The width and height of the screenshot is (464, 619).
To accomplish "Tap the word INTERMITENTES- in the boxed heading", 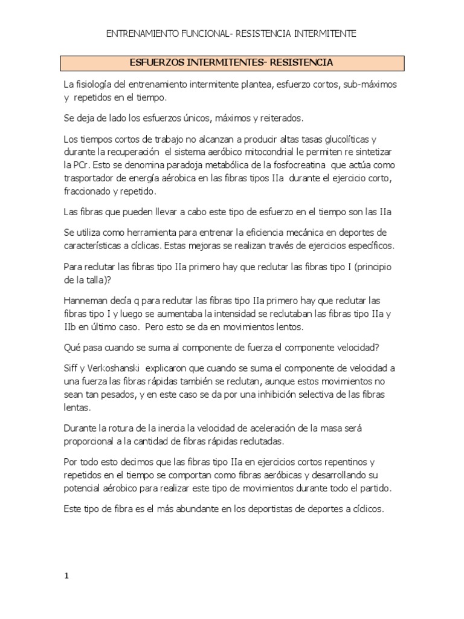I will (x=228, y=62).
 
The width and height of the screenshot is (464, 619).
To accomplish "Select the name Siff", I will (x=71, y=368).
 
